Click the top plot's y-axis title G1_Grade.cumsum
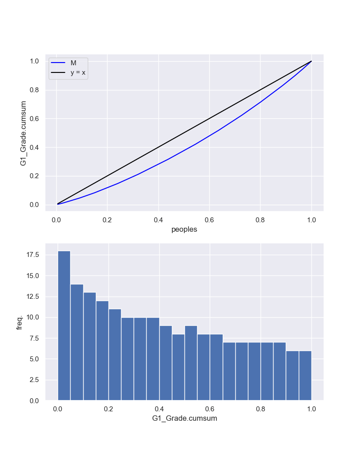coord(23,133)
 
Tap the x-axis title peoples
coord(184,229)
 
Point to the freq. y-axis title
coord(19,322)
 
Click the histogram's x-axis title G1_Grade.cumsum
coord(184,418)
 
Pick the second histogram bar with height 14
coord(76,342)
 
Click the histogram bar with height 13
coord(89,346)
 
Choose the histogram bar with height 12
coord(102,351)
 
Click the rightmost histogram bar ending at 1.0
coord(305,375)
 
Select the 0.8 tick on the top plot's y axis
coord(35,90)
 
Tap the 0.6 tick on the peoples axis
coord(209,220)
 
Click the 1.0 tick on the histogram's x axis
coord(311,409)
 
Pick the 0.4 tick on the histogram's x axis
coord(159,409)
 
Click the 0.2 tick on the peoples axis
coord(107,220)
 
